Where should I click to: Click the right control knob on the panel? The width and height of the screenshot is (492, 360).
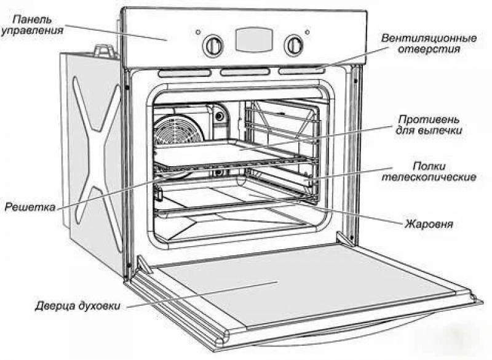click(293, 44)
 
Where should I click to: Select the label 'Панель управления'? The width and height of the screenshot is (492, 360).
click(31, 24)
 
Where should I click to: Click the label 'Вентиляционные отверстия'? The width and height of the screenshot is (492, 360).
click(429, 44)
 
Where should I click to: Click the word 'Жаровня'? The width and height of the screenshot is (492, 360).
click(429, 223)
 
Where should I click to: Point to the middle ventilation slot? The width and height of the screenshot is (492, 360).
click(245, 72)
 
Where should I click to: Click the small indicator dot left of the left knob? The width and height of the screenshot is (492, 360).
click(198, 32)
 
